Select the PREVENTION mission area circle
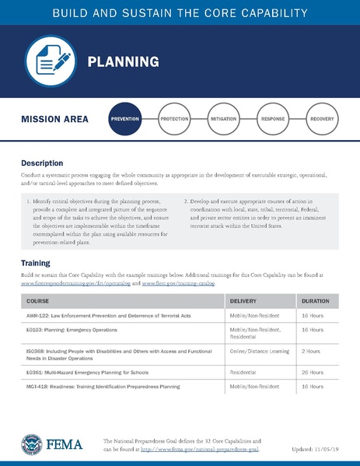(x=125, y=120)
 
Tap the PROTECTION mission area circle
(x=174, y=120)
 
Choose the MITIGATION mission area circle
(x=223, y=120)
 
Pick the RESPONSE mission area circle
(x=272, y=120)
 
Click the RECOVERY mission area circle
(x=321, y=120)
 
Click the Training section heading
(x=36, y=263)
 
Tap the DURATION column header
(x=314, y=300)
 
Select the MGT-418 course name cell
(x=109, y=386)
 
